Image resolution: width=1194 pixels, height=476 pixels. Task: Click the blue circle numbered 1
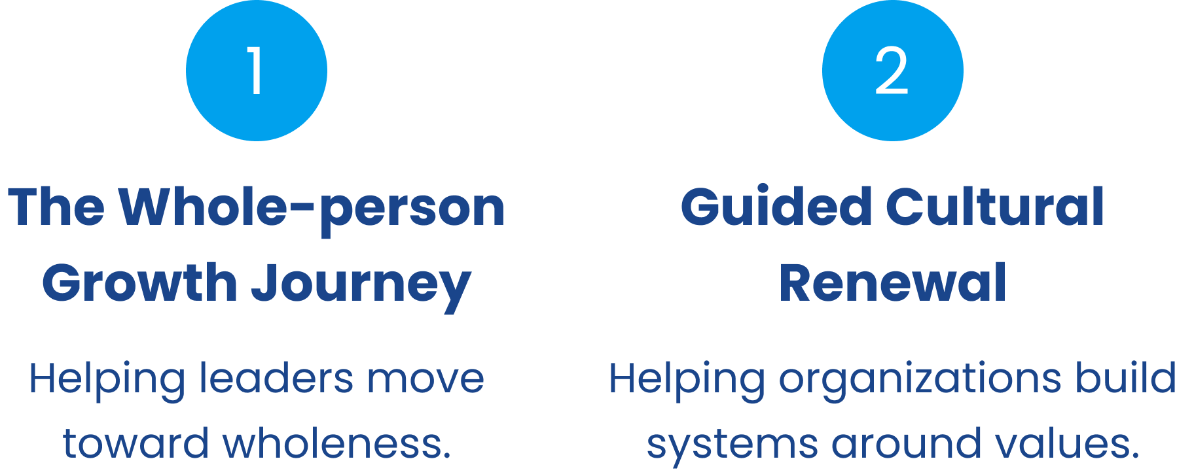[x=256, y=71]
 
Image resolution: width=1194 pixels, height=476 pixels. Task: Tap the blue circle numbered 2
[x=892, y=71]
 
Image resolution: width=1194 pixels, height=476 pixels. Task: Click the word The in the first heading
[x=56, y=207]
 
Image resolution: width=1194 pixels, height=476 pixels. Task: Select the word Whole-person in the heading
[x=312, y=209]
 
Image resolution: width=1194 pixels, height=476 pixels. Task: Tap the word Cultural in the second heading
[x=995, y=207]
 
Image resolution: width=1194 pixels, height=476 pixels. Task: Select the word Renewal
[x=892, y=283]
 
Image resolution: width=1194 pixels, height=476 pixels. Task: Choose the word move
[x=425, y=379]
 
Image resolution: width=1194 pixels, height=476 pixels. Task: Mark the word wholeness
[x=336, y=443]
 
